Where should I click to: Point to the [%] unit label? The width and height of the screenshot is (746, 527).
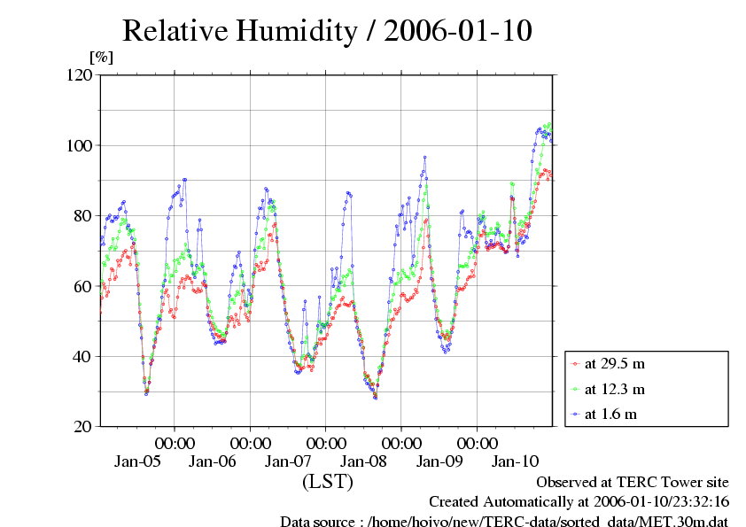[x=101, y=58]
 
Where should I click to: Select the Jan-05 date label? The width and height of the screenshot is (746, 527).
[x=136, y=461]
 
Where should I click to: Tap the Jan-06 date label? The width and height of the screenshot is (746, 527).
[x=213, y=461]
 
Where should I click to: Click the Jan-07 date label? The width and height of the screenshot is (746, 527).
[x=289, y=461]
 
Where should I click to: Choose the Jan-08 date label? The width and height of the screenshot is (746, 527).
[x=364, y=461]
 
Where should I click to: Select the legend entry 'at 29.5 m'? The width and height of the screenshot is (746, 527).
[x=614, y=364]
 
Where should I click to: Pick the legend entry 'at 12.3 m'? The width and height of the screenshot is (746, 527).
[x=614, y=389]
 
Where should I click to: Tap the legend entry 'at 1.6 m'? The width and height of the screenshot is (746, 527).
[x=610, y=414]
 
